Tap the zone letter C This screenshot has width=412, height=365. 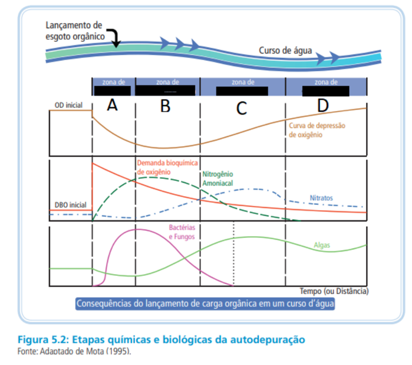242,108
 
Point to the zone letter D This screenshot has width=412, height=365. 322,106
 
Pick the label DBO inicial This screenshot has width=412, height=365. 70,204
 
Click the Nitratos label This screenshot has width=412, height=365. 322,197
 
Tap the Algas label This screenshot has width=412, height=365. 322,244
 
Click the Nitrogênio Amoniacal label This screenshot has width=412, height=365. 218,180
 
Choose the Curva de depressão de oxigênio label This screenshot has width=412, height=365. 317,130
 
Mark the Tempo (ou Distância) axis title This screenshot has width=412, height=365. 334,291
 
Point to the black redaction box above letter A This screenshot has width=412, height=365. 113,91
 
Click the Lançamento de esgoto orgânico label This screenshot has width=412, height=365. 75,30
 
